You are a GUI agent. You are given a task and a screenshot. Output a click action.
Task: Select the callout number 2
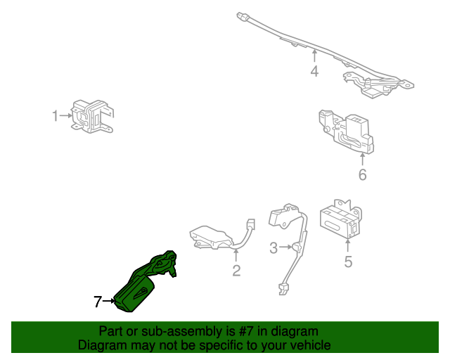[237, 271]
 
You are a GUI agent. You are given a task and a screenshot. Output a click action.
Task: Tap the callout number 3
[274, 247]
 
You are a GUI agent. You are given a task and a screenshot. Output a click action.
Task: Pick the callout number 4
[314, 71]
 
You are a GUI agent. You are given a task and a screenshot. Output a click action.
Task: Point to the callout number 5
[348, 263]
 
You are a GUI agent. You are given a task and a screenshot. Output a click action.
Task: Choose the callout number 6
[362, 174]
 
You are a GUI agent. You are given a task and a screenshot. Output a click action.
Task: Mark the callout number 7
[98, 302]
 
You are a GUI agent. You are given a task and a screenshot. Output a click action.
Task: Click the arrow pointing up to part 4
[314, 55]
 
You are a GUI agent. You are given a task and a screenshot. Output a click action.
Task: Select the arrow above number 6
[362, 158]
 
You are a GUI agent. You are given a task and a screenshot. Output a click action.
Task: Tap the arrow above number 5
[348, 245]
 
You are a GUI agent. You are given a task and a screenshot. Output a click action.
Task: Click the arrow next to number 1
[65, 115]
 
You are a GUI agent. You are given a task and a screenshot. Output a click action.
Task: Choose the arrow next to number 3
[286, 247]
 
